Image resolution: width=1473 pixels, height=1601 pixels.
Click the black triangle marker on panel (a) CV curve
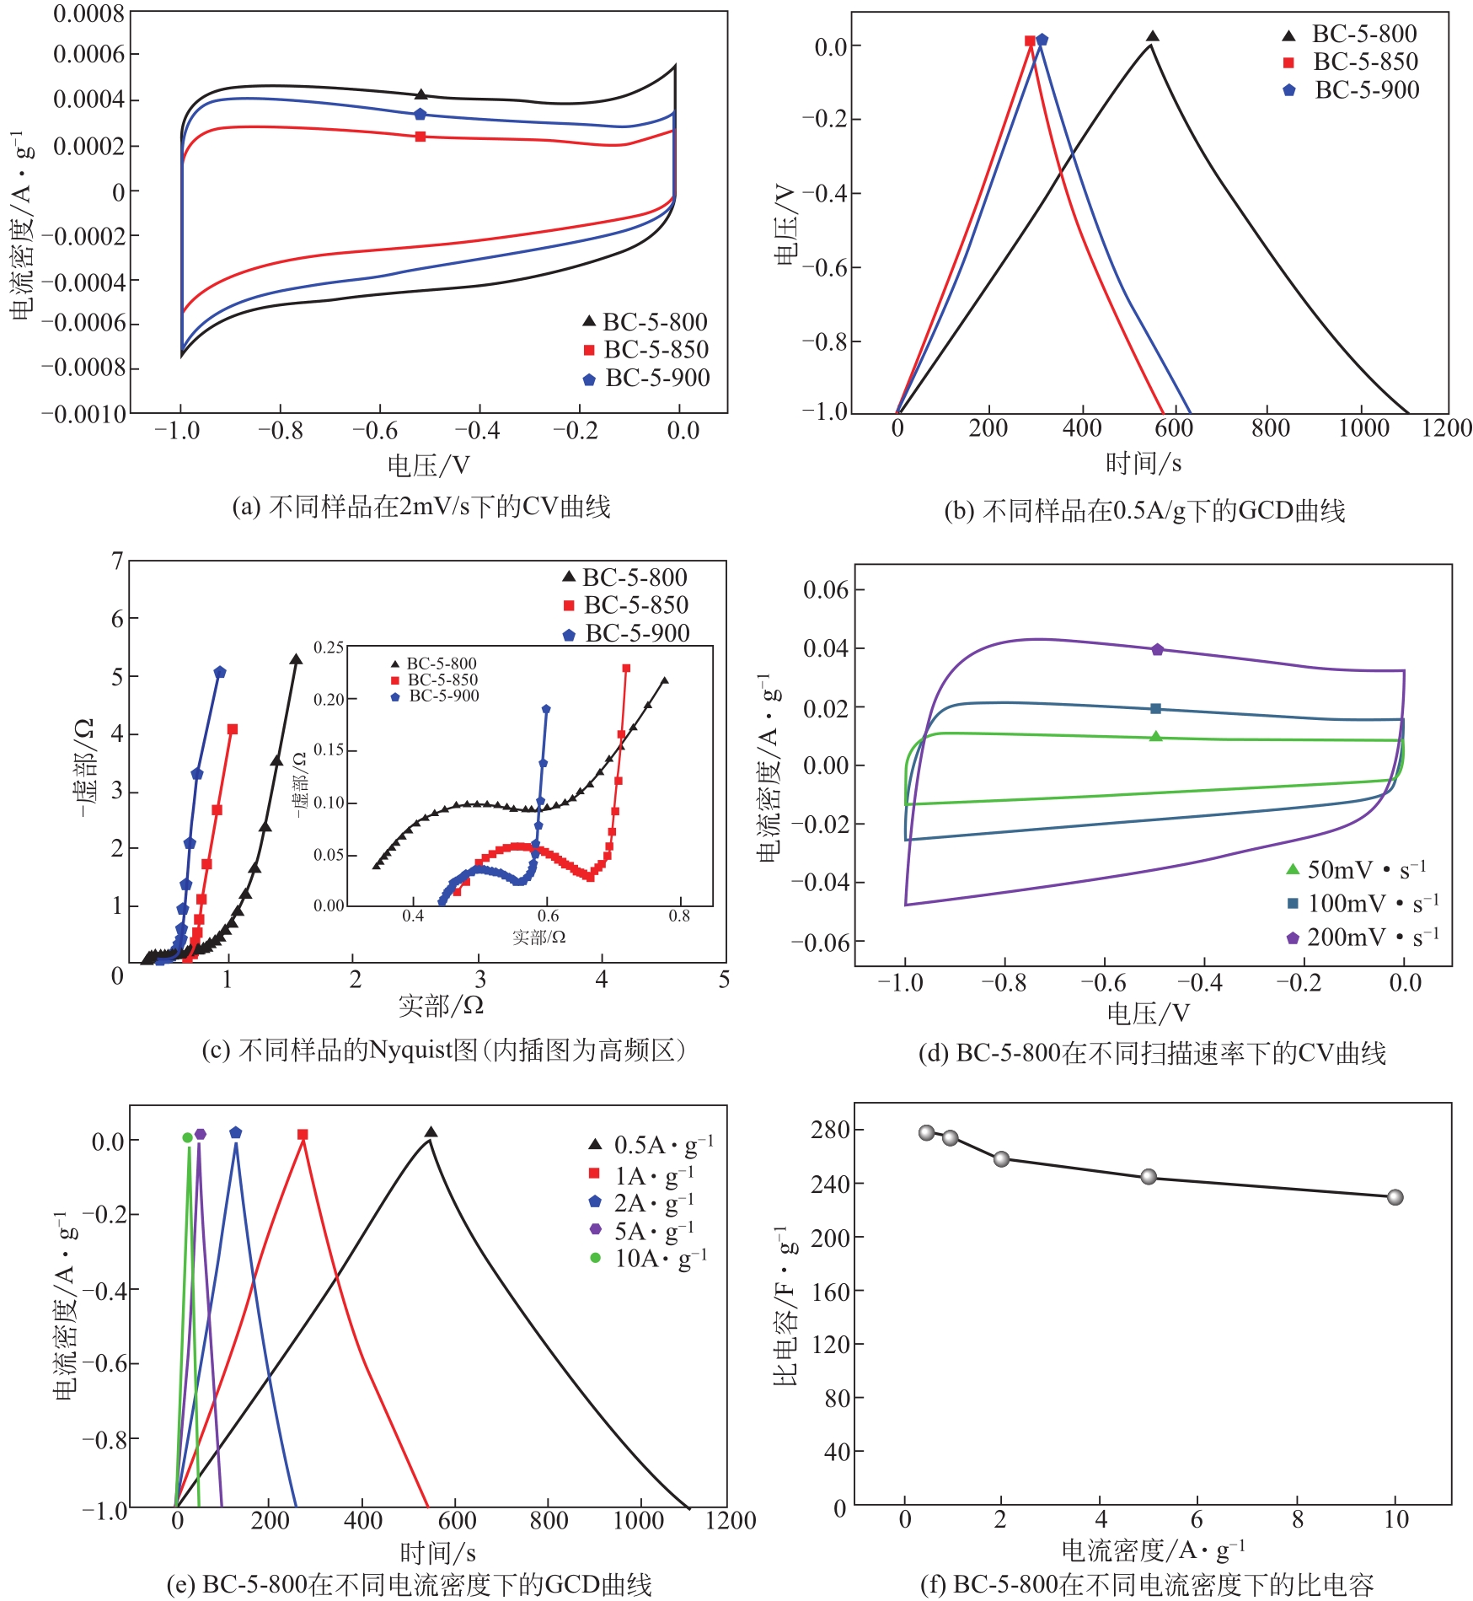point(421,94)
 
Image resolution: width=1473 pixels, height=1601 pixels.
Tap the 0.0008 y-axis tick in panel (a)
point(88,13)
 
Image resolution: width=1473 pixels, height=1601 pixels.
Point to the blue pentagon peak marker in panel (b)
point(1042,40)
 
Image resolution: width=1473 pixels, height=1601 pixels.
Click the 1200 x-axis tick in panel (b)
point(1446,428)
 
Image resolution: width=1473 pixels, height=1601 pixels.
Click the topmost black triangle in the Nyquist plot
point(296,659)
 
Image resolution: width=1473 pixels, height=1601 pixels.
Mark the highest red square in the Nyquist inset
point(626,669)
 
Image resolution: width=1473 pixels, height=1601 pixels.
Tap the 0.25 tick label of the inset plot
point(329,647)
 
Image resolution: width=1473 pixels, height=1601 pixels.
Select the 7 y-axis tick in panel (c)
point(118,561)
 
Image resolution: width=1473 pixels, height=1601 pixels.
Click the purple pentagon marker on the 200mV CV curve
point(1157,649)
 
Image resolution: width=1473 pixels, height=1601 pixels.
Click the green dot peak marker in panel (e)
point(187,1137)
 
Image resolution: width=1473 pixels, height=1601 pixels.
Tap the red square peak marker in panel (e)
point(303,1135)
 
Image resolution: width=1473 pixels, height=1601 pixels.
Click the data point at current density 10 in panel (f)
point(1395,1197)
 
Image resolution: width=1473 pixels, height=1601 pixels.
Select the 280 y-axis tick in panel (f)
point(830,1130)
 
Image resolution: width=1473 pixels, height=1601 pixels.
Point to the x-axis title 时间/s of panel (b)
point(1143,463)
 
